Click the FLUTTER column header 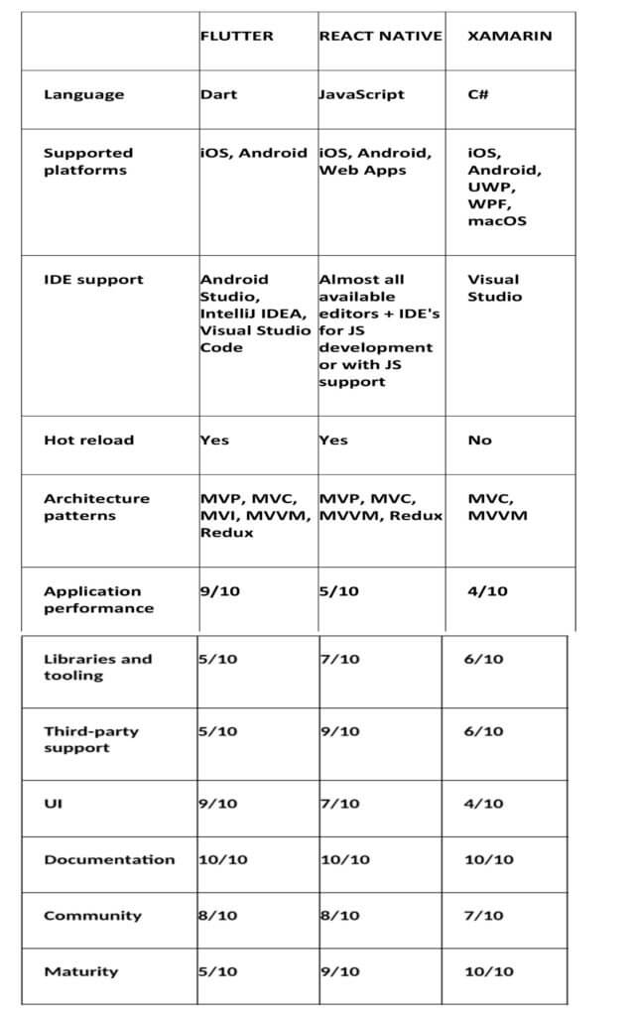pyautogui.click(x=236, y=36)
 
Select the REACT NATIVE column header pyautogui.click(x=380, y=36)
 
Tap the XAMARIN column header pyautogui.click(x=509, y=36)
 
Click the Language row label pyautogui.click(x=84, y=95)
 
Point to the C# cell pyautogui.click(x=478, y=95)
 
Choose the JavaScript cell pyautogui.click(x=361, y=95)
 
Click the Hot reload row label pyautogui.click(x=88, y=440)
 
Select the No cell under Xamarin pyautogui.click(x=479, y=441)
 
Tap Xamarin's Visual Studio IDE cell pyautogui.click(x=494, y=288)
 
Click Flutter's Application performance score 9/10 pyautogui.click(x=218, y=591)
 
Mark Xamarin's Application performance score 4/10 pyautogui.click(x=487, y=591)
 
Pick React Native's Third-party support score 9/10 pyautogui.click(x=339, y=731)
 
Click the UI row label pyautogui.click(x=53, y=804)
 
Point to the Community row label pyautogui.click(x=92, y=915)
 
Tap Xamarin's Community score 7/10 pyautogui.click(x=483, y=915)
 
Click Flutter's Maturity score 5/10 pyautogui.click(x=218, y=971)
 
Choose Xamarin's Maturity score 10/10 pyautogui.click(x=488, y=971)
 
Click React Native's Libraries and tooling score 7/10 pyautogui.click(x=339, y=659)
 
